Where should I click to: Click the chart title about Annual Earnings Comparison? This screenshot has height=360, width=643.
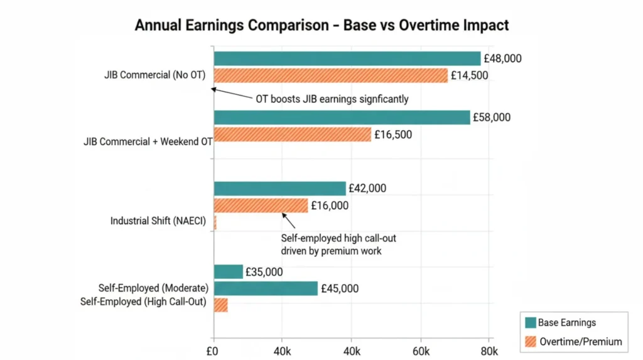point(321,25)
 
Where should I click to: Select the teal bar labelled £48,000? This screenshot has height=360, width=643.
point(347,59)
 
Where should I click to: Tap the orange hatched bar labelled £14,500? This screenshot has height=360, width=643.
point(330,75)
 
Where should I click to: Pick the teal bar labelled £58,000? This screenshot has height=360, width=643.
point(342,117)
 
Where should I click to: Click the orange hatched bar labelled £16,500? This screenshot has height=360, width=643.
point(292,134)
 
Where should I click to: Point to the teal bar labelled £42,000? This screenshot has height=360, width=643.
point(279,188)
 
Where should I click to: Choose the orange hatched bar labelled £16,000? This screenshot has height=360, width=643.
point(261,205)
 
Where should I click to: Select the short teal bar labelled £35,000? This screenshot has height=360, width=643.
point(228,271)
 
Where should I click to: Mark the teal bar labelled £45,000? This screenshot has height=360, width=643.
point(265,288)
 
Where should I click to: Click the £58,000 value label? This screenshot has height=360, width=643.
point(493,117)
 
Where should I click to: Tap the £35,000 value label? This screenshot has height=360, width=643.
point(265,272)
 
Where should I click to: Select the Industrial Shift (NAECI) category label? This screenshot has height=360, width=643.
point(158,221)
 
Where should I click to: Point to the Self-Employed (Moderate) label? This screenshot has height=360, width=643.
point(153,288)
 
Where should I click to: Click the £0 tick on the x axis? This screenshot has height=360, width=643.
point(213,350)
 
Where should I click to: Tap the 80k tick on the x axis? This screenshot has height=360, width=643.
point(489,350)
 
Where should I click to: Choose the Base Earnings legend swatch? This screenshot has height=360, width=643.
point(531,323)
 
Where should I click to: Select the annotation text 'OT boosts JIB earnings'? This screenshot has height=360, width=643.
point(332,99)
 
